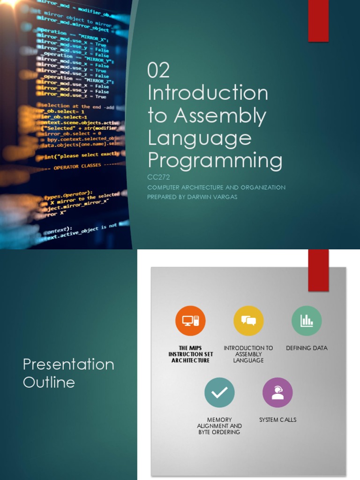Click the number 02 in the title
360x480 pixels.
[x=158, y=71]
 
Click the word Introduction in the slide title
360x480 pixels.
[x=208, y=93]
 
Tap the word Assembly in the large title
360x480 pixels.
[x=220, y=116]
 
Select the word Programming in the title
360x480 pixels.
[x=215, y=160]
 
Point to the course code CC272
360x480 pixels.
[x=158, y=177]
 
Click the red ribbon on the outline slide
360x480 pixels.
[x=318, y=270]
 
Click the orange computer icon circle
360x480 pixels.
[x=190, y=321]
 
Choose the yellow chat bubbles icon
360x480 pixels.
[x=248, y=321]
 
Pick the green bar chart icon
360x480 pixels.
[x=307, y=321]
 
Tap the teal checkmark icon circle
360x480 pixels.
[x=219, y=392]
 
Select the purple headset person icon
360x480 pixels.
[x=277, y=392]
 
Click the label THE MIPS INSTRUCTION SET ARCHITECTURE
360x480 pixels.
[x=190, y=354]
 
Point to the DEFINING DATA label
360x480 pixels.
[x=307, y=348]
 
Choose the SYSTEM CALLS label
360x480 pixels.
[x=277, y=420]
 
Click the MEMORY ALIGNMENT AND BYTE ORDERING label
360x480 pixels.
[x=219, y=426]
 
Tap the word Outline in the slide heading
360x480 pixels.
[x=49, y=382]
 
